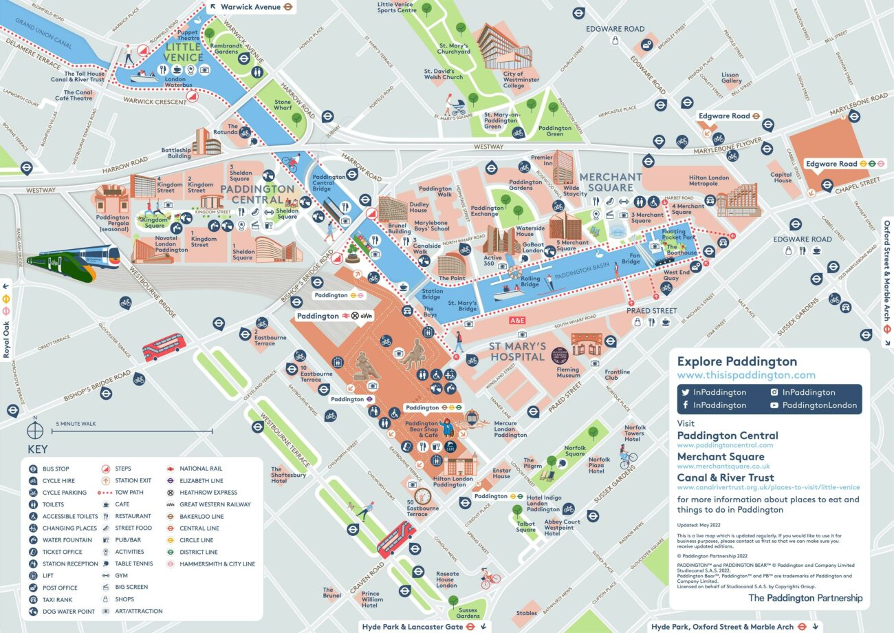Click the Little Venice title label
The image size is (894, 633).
click(x=184, y=52)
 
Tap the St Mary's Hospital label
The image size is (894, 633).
click(x=517, y=351)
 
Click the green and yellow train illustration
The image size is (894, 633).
click(x=72, y=259)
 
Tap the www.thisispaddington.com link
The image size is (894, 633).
click(x=746, y=375)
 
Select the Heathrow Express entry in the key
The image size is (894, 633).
click(x=208, y=493)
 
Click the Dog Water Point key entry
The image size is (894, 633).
click(x=68, y=611)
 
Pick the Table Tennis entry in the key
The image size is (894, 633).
click(x=133, y=564)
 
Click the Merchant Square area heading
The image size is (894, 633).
click(x=610, y=182)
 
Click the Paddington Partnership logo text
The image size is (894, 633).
click(x=805, y=598)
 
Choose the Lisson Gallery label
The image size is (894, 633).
click(x=730, y=78)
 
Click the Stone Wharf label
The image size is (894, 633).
click(x=283, y=105)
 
